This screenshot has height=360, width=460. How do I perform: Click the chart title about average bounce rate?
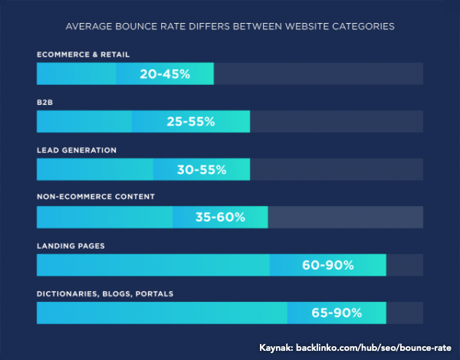tap(230, 26)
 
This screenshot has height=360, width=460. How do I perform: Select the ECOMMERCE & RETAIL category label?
tap(84, 54)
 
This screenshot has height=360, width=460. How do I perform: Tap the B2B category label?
tap(45, 103)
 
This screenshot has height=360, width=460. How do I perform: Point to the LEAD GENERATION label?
tap(77, 150)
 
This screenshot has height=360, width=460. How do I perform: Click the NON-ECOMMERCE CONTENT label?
tap(96, 196)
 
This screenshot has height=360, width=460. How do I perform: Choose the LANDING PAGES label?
tap(71, 246)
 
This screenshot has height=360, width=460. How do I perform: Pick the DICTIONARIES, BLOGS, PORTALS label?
tap(105, 294)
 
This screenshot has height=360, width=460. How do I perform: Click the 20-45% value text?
tap(165, 74)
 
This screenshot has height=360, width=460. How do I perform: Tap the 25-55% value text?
tap(191, 121)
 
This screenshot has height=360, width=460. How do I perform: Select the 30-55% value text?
tap(202, 169)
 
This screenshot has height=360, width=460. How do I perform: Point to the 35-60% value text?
tap(220, 218)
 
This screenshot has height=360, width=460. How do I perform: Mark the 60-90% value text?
tap(328, 265)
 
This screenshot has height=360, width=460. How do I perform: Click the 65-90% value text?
tap(337, 313)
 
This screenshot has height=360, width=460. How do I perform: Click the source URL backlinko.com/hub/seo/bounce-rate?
tap(373, 348)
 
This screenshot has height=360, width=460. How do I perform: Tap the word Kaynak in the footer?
tap(276, 348)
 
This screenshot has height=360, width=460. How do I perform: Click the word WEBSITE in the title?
tap(307, 26)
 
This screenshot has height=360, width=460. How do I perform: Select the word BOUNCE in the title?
tap(136, 26)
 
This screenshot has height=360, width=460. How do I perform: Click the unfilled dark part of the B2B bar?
tap(337, 121)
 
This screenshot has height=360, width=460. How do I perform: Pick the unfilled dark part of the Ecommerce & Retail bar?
tap(319, 74)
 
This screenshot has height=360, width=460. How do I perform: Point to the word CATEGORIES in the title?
tap(363, 26)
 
